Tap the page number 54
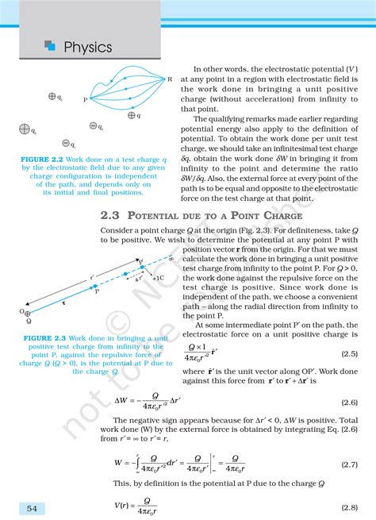pos(31,508)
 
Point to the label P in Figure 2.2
pos(85,101)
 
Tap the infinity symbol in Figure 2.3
pos(171,257)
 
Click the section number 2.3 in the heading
pos(111,215)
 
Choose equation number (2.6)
pos(348,403)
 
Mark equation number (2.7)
pos(348,463)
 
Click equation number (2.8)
pos(348,506)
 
